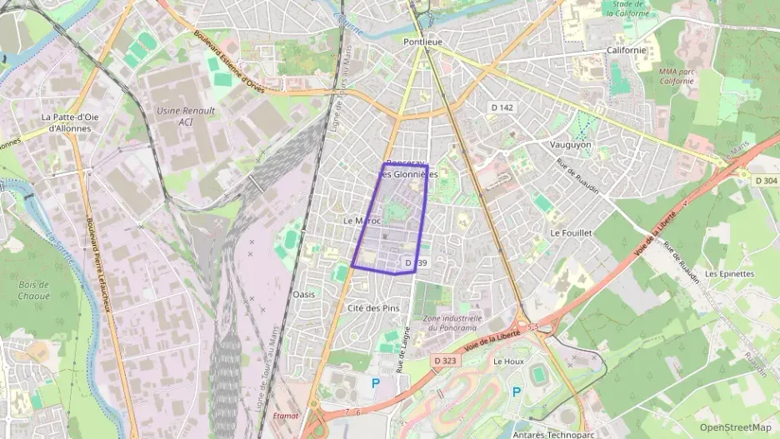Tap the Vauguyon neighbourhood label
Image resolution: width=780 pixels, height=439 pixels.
[x=570, y=144]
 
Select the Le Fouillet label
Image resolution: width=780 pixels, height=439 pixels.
[x=571, y=233]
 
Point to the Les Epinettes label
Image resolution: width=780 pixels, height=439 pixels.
[x=729, y=273]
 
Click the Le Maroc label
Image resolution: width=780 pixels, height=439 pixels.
[x=361, y=221]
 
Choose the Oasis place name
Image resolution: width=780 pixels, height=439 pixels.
[x=304, y=294]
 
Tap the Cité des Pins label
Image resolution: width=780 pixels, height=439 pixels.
[x=372, y=308]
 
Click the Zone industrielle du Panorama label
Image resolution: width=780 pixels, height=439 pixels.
[x=452, y=323]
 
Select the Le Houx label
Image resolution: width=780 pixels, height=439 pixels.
[x=507, y=362]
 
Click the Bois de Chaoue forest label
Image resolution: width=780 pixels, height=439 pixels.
[x=34, y=291]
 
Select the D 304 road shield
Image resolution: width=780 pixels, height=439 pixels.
[x=765, y=180]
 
